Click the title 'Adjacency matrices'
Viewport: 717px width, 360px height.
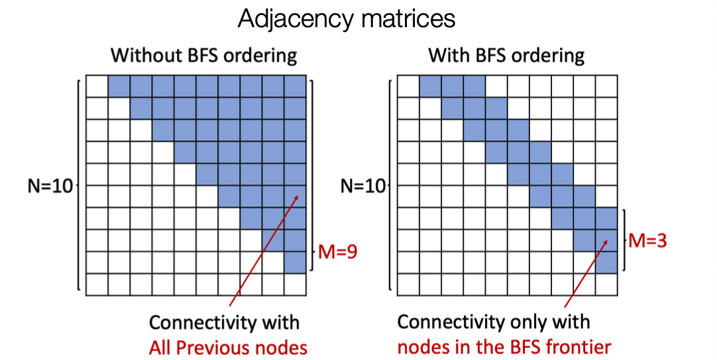(346, 19)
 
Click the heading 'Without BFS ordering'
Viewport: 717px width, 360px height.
(204, 55)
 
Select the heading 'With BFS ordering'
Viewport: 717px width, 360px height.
(506, 55)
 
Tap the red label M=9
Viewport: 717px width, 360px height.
(337, 251)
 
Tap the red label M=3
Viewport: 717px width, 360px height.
(647, 240)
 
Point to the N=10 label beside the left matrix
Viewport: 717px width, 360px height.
(50, 186)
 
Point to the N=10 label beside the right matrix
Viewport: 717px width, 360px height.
(362, 186)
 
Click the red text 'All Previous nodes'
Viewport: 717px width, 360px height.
(228, 347)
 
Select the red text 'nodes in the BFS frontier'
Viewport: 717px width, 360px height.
(504, 347)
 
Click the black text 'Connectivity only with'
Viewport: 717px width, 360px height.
(494, 322)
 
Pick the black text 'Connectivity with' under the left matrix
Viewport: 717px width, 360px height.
(224, 322)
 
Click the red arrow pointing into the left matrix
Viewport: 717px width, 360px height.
(264, 251)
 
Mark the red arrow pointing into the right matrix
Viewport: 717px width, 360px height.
(586, 273)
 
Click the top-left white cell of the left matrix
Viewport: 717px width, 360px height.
(97, 86)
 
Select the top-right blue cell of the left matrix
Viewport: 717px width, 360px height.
(295, 86)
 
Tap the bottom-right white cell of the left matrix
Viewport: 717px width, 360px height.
(295, 284)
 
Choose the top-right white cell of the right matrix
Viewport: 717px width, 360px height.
(606, 86)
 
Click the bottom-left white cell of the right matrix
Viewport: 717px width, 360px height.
(408, 284)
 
